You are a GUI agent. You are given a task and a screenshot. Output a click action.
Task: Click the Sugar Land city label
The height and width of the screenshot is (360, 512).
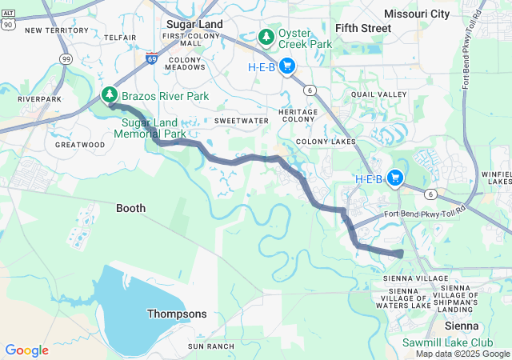194,25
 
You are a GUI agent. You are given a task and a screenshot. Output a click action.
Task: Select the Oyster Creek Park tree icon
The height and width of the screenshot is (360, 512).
266,37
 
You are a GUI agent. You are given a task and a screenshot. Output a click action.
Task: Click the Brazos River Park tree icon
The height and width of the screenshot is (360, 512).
109,95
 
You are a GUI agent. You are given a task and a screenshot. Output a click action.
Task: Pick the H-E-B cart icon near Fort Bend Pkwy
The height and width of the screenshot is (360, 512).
394,178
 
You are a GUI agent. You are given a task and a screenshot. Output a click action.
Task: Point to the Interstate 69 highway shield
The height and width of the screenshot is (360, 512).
152,58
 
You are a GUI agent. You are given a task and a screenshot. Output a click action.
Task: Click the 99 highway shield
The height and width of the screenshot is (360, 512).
66,58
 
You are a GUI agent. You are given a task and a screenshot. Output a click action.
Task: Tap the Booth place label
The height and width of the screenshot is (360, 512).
131,208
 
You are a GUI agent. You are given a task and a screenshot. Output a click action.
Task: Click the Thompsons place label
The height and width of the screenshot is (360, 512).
177,314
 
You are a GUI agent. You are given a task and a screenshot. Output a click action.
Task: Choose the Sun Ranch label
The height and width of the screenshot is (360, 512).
211,346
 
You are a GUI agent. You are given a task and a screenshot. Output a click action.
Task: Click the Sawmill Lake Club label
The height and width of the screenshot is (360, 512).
439,342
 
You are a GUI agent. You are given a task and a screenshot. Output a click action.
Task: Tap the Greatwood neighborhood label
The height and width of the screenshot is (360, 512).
79,145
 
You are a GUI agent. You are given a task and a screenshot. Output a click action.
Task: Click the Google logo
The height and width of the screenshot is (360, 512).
27,350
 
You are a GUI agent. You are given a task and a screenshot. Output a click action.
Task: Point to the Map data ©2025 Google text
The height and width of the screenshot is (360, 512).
462,354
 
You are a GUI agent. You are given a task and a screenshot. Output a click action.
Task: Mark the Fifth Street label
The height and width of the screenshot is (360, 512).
363,28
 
